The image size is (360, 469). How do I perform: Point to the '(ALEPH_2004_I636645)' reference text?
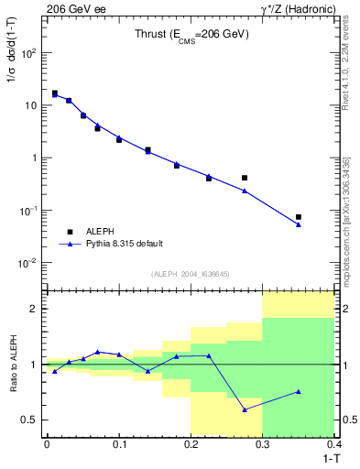190,274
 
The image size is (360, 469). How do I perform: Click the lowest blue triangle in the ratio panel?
245,409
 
